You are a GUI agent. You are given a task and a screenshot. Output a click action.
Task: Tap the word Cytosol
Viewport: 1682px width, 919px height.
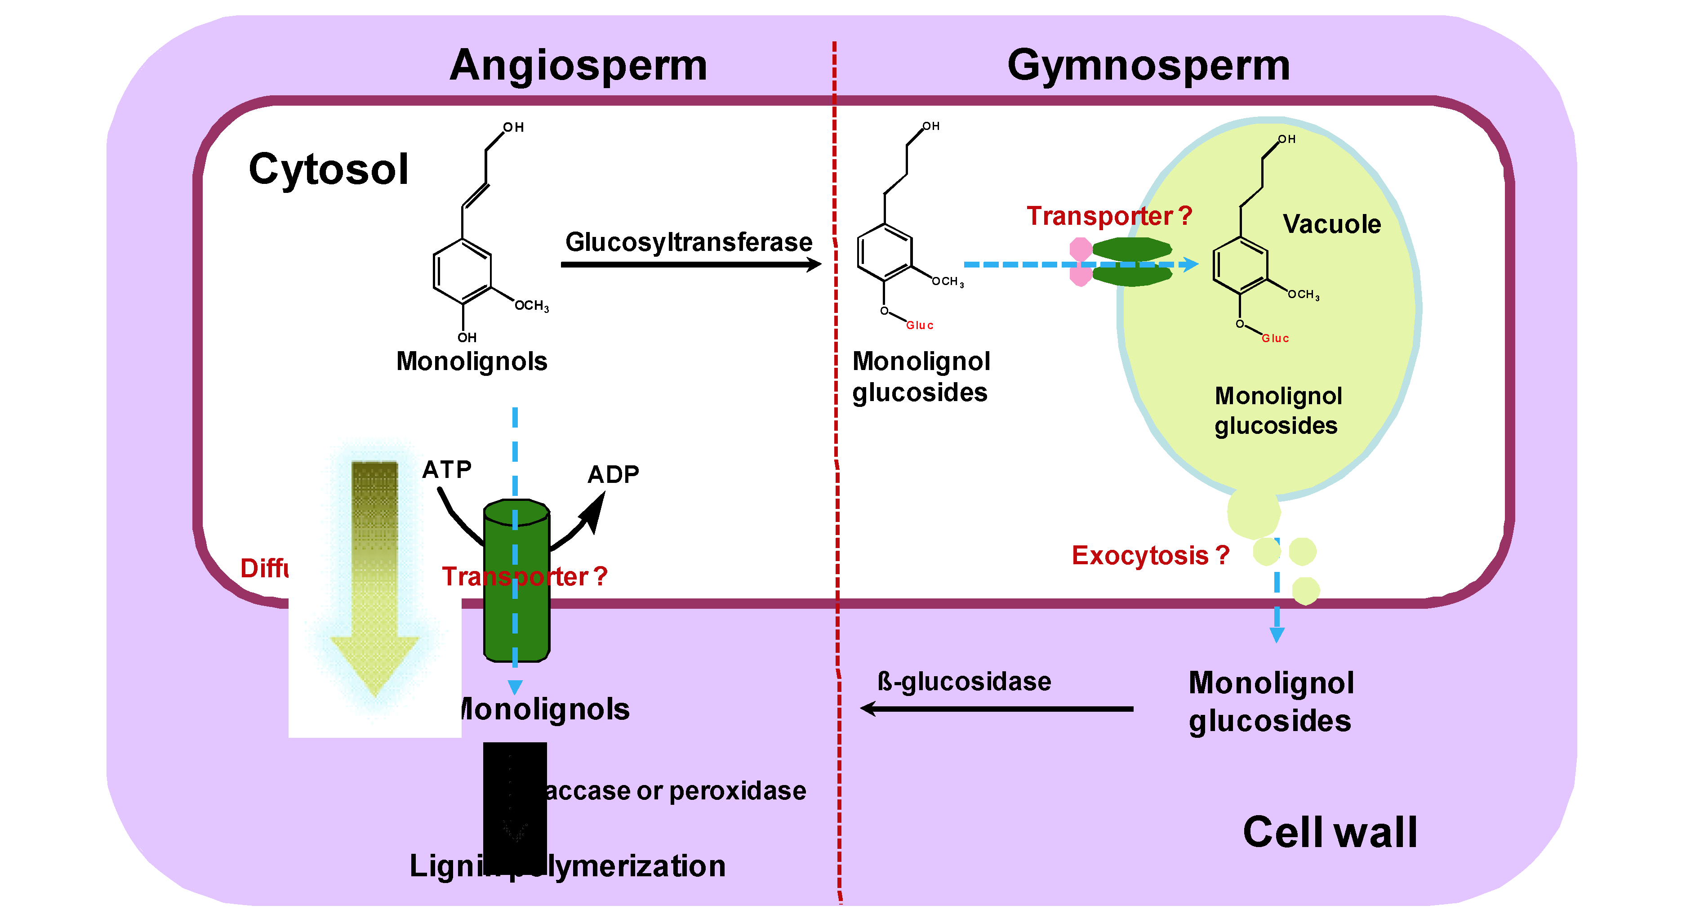[x=329, y=169]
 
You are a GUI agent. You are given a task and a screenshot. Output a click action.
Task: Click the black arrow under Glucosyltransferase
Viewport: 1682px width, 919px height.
[x=690, y=264]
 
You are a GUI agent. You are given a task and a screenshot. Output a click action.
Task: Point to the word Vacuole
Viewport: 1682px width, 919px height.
[x=1331, y=224]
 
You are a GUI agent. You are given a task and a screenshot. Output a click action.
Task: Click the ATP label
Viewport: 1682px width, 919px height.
[x=447, y=469]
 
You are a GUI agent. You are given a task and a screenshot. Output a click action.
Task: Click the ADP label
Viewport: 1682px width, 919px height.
[x=613, y=474]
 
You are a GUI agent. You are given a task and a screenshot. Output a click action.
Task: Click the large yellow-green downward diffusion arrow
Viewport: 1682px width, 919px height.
[x=375, y=575]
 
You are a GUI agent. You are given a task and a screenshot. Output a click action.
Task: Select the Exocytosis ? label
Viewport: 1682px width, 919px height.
[x=1150, y=555]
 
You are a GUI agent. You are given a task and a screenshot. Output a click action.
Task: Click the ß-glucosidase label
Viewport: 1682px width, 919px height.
[x=964, y=681]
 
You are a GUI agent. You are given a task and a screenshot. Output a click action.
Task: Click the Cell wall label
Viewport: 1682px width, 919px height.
[x=1330, y=832]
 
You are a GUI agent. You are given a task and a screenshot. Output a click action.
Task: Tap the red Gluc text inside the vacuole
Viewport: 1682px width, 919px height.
[x=1275, y=339]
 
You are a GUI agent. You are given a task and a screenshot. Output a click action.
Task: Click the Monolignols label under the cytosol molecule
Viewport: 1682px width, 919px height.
[x=472, y=361]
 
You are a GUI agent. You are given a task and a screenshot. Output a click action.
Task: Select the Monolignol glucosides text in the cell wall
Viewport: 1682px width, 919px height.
[x=1270, y=702]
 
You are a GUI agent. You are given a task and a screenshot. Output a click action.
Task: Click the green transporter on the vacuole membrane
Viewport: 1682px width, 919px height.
[x=1131, y=262]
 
